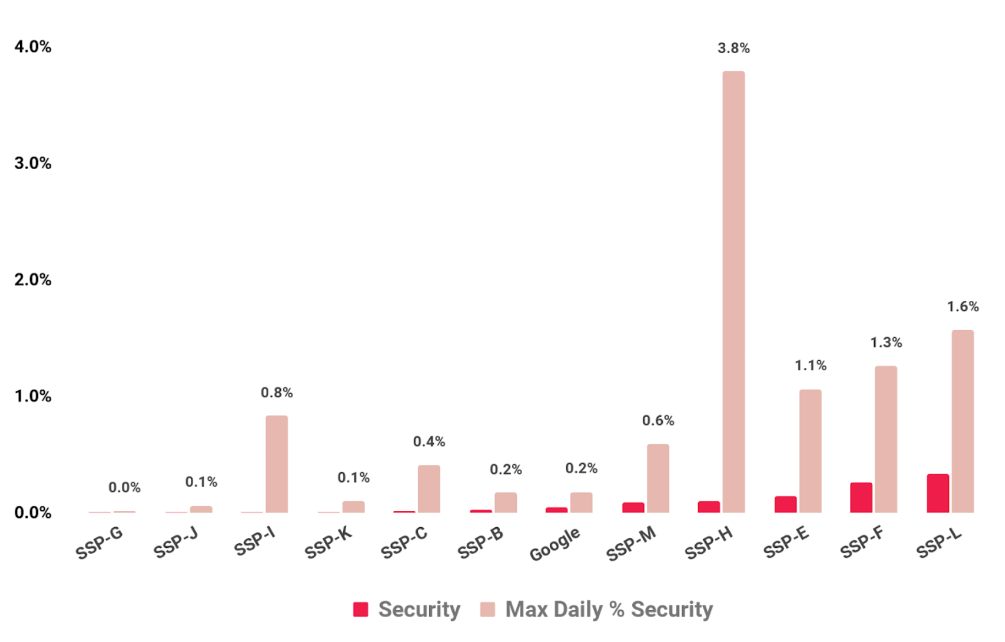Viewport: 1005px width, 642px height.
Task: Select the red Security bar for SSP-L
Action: [937, 493]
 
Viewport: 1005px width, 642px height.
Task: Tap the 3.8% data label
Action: [733, 48]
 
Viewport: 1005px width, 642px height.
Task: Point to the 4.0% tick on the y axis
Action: [33, 47]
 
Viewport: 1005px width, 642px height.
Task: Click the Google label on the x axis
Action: [555, 544]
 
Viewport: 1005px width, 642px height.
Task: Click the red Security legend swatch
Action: [361, 610]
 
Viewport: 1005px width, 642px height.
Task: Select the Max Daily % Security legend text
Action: [609, 610]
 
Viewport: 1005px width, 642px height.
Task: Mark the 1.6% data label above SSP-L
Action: [962, 307]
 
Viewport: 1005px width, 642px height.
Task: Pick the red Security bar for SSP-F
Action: [861, 498]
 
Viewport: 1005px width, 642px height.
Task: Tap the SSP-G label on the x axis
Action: [99, 543]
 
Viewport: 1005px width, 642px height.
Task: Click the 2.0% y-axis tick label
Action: [33, 280]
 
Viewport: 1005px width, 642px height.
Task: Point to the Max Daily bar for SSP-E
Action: [810, 451]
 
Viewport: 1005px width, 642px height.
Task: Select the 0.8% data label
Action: [276, 393]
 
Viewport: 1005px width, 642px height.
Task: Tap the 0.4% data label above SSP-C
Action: [429, 442]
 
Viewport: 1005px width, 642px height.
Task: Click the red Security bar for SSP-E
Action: [785, 504]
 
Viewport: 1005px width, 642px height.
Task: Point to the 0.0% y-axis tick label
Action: [33, 513]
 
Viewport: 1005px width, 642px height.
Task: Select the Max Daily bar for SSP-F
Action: [886, 439]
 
